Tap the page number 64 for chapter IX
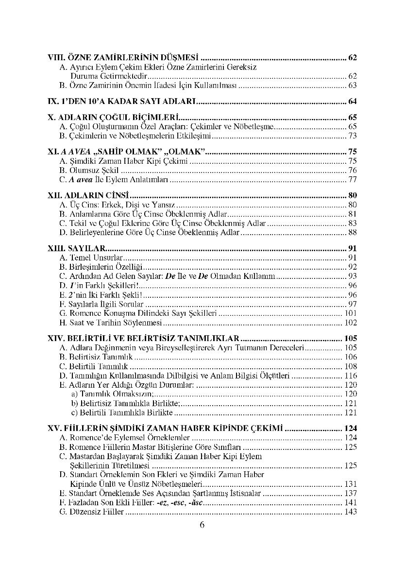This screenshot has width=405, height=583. click(353, 102)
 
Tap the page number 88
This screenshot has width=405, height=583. click(353, 233)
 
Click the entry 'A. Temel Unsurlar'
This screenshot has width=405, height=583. click(90, 257)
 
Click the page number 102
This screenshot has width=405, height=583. click(351, 323)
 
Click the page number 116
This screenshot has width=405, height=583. click(351, 376)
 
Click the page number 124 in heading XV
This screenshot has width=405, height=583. click(349, 429)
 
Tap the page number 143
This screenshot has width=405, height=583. click(351, 512)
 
